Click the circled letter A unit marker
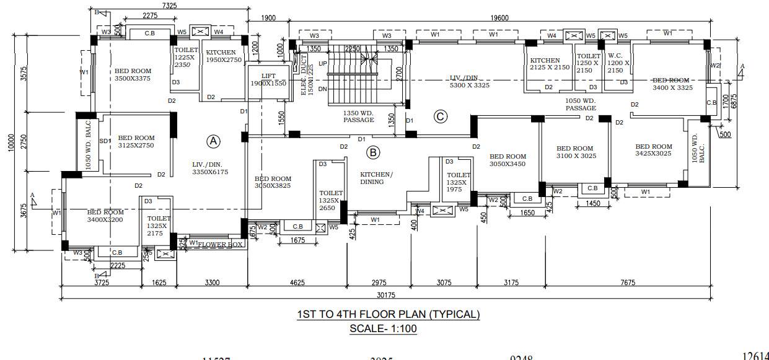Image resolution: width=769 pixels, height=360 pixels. pos(213,141)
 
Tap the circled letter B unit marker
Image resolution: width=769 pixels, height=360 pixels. pos(373,152)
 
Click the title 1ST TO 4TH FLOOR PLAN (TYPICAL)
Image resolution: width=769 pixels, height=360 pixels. pos(389,314)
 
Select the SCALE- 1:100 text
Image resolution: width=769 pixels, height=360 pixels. pos(384,328)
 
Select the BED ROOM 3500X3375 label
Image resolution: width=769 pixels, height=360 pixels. pos(133,75)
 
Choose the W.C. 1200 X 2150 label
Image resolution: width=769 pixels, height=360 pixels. pos(618,63)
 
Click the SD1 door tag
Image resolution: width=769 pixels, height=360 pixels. pos(105,141)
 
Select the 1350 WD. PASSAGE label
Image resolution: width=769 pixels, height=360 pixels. pos(359,116)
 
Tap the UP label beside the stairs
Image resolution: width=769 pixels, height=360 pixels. pos(322,64)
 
